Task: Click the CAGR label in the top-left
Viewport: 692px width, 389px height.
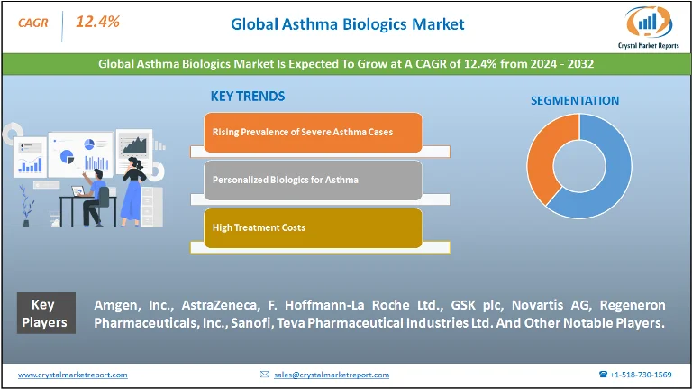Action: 32,22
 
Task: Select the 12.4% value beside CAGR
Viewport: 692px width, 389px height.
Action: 96,22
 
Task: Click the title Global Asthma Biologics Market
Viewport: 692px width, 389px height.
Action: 347,24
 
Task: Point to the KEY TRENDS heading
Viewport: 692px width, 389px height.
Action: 247,96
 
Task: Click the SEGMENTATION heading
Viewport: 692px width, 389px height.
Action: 574,100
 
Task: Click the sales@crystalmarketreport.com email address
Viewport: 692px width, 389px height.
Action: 331,375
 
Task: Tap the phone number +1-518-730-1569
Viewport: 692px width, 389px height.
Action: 641,375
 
